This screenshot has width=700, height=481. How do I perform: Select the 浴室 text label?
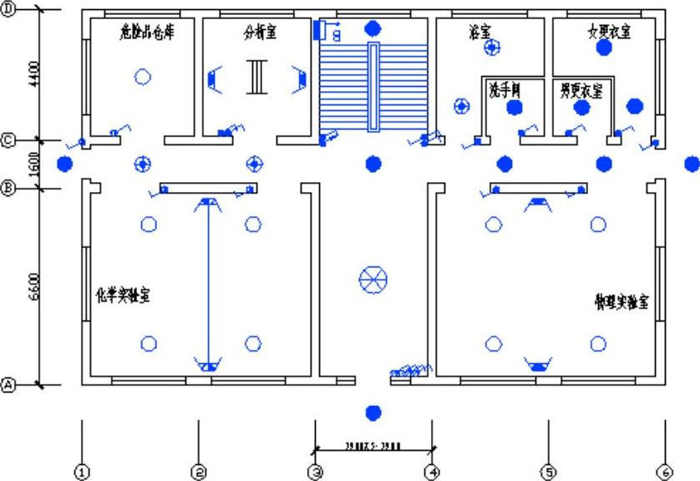click(x=479, y=32)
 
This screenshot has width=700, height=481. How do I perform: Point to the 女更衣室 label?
click(x=609, y=31)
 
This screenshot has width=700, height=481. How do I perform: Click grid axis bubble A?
click(x=9, y=385)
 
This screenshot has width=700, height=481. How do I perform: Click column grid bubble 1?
click(x=82, y=473)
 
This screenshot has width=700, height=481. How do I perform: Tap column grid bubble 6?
click(x=665, y=473)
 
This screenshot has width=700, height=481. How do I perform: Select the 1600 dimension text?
click(x=34, y=165)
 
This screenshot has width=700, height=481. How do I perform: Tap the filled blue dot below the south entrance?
click(x=373, y=411)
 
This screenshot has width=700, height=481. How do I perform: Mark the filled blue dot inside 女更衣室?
click(x=603, y=48)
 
